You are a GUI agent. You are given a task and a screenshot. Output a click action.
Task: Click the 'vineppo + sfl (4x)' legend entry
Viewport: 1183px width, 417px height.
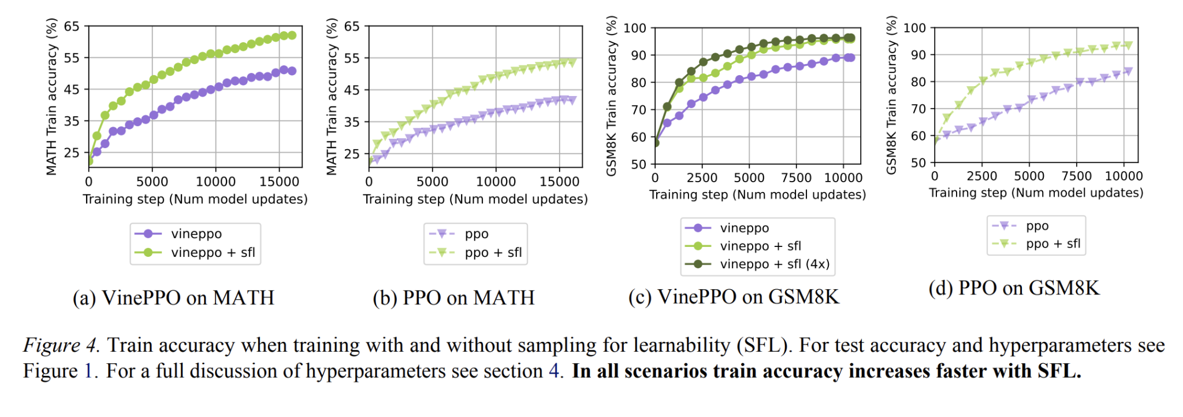pos(774,264)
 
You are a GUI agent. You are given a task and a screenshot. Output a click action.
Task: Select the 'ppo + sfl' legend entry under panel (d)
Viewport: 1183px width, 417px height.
pos(1052,243)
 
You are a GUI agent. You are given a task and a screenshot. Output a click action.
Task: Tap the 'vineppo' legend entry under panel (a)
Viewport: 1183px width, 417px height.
pos(196,234)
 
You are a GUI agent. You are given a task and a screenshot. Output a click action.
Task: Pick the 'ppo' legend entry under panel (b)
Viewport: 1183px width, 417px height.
pos(476,234)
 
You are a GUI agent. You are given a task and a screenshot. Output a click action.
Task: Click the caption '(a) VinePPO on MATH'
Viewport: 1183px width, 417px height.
pos(173,298)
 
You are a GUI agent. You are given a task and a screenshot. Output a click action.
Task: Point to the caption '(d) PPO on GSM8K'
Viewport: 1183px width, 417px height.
pos(1014,288)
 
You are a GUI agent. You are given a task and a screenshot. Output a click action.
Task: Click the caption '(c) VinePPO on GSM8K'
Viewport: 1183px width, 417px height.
pos(734,297)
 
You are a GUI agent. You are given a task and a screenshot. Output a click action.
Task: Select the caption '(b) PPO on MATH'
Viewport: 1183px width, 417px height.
pos(453,298)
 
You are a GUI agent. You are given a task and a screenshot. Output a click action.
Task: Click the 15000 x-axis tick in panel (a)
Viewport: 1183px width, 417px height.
pos(279,182)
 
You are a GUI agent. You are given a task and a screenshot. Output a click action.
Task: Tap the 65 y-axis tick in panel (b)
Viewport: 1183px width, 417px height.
pos(352,27)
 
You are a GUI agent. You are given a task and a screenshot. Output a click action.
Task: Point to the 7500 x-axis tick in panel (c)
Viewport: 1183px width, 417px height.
pos(796,178)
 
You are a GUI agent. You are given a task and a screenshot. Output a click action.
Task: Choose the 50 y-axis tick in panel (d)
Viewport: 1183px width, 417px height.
pos(918,163)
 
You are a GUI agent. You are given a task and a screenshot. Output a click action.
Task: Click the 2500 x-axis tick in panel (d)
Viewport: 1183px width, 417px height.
pos(982,176)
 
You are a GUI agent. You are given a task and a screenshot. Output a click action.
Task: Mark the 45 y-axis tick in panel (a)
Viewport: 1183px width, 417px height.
pos(72,90)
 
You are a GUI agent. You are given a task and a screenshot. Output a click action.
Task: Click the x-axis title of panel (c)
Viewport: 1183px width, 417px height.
pos(757,194)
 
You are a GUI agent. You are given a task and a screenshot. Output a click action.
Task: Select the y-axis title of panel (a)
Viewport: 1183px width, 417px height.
pos(51,97)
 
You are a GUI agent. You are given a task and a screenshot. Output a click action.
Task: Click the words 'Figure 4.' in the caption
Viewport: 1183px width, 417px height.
pos(61,345)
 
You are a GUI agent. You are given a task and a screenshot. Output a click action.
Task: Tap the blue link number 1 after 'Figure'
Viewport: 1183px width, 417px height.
pos(88,371)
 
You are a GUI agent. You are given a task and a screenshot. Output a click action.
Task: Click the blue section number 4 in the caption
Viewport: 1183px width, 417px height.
pos(553,371)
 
